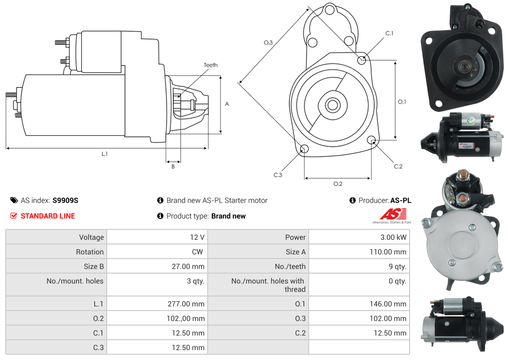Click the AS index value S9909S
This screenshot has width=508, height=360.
[x=65, y=200]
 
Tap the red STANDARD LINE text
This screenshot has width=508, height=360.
[x=47, y=216]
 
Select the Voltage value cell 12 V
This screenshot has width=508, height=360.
[x=197, y=237]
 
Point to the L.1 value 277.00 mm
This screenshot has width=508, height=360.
[x=186, y=304]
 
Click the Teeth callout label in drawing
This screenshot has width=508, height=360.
[x=211, y=65]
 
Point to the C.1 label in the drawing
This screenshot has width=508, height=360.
[x=389, y=34]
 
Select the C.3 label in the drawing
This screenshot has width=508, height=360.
[x=278, y=175]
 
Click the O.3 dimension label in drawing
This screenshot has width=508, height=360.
[x=269, y=43]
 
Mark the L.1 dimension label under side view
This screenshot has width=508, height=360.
[x=105, y=153]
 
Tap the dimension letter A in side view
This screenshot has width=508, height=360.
[x=227, y=104]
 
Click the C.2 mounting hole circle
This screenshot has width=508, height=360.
[x=372, y=140]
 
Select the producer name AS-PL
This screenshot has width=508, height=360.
[x=400, y=200]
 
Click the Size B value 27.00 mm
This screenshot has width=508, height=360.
[x=187, y=266]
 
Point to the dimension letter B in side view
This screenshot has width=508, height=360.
[x=173, y=166]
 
